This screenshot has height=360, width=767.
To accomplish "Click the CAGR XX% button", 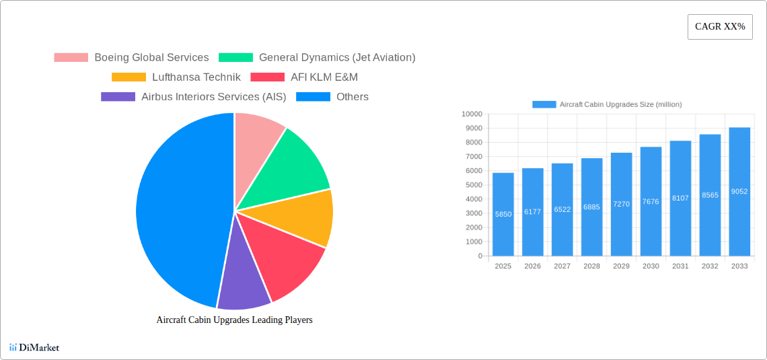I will [x=720, y=27].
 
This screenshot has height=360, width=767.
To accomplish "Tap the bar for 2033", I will [x=739, y=192].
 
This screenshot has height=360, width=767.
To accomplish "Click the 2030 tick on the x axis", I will [x=651, y=266].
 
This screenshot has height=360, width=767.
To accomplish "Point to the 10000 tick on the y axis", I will [x=472, y=114].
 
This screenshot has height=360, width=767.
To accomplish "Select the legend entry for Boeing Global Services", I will [x=132, y=58].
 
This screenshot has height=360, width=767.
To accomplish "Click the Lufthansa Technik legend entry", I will [x=176, y=77].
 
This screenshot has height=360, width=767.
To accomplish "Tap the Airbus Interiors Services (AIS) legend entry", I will [x=194, y=97].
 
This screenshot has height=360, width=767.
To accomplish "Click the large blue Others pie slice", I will [x=178, y=209].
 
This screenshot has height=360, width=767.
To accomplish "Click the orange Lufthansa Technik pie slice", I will [x=303, y=217].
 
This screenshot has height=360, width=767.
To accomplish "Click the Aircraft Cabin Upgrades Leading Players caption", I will [x=234, y=320].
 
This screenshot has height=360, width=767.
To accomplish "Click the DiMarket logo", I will [x=34, y=347].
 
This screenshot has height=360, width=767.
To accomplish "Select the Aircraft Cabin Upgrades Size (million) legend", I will [x=607, y=104].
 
